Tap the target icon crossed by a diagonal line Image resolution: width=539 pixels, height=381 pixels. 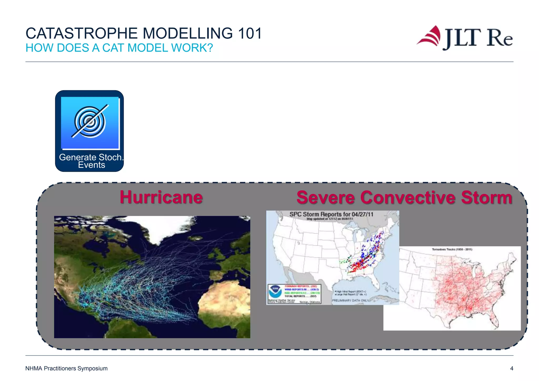tap(90, 122)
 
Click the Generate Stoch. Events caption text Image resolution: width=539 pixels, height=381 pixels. tap(91, 161)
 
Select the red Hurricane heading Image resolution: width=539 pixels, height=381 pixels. tap(161, 197)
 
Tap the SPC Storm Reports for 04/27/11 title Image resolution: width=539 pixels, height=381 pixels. tap(331, 214)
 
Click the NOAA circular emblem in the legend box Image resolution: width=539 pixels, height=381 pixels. tap(275, 291)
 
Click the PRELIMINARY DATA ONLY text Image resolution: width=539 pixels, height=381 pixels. tap(350, 300)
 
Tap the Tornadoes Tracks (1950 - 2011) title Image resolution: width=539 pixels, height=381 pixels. tap(452, 249)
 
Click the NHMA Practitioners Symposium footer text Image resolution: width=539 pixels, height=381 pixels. tap(66, 368)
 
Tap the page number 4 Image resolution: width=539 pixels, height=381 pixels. tap(511, 368)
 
